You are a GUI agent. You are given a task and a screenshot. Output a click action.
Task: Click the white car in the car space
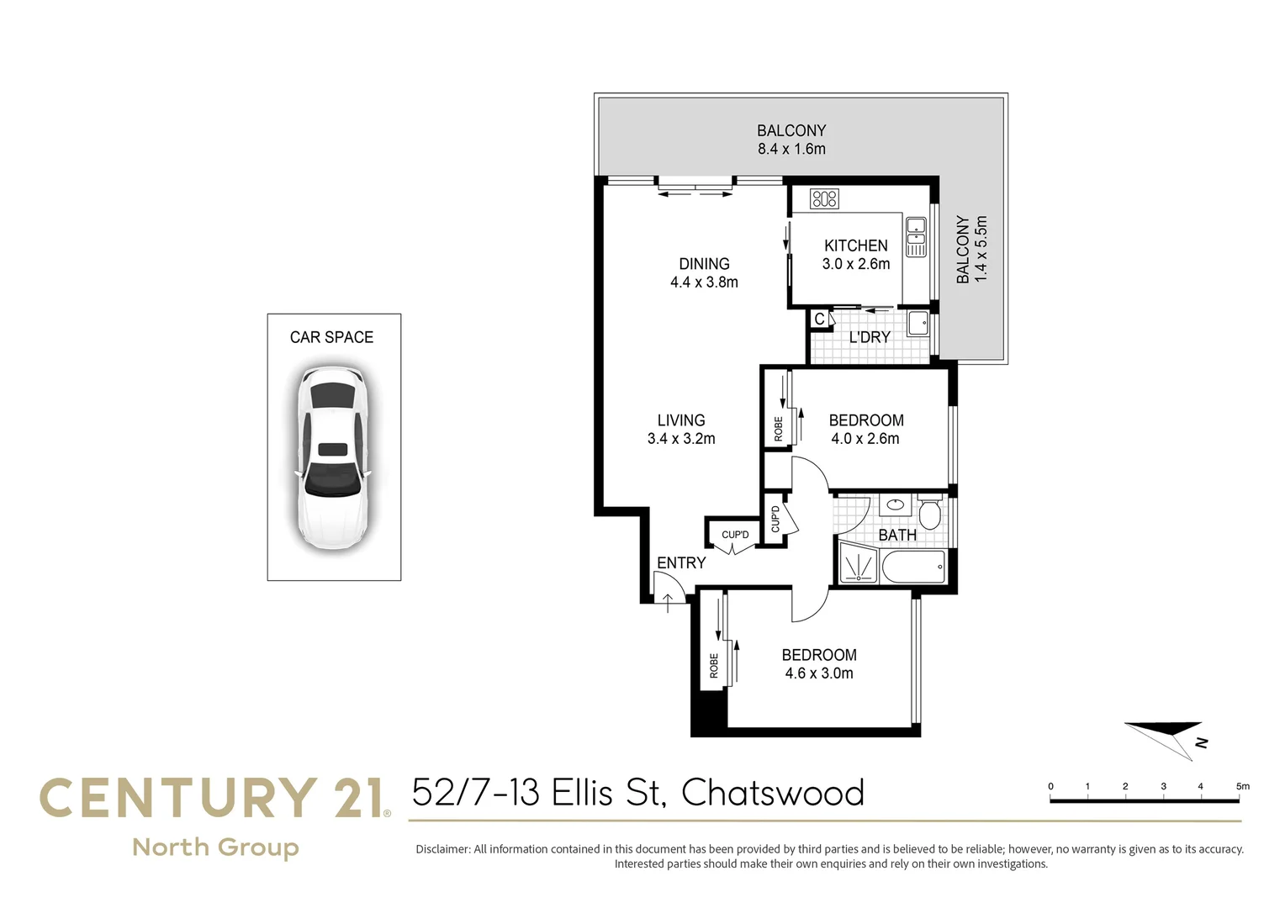[334, 458]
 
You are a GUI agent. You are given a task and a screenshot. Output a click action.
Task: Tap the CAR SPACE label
[331, 337]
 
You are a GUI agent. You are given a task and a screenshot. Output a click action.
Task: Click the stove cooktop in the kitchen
[824, 198]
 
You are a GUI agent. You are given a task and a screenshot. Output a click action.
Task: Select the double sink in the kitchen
[916, 237]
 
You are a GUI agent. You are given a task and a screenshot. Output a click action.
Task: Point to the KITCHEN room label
[855, 245]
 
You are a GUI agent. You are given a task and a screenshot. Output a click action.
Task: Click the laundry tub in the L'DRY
[918, 323]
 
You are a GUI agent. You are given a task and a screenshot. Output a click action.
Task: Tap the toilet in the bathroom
[929, 513]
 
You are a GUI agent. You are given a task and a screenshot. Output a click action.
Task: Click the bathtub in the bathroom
[912, 567]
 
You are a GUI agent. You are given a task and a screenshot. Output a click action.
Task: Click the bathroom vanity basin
[896, 505]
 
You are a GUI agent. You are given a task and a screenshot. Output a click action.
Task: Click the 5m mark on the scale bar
[1242, 787]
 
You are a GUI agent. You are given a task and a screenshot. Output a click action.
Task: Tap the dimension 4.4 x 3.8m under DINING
[704, 282]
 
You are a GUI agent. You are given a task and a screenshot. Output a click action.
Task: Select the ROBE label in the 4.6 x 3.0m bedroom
[714, 666]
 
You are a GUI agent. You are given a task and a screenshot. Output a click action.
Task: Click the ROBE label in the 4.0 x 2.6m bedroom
[778, 429]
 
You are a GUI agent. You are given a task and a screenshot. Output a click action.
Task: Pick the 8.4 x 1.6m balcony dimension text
[791, 149]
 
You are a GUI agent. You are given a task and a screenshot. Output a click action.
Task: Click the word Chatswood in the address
[772, 793]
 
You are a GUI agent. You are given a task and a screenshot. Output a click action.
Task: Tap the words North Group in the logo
[215, 847]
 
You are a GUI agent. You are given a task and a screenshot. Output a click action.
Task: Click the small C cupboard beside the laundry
[819, 319]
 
